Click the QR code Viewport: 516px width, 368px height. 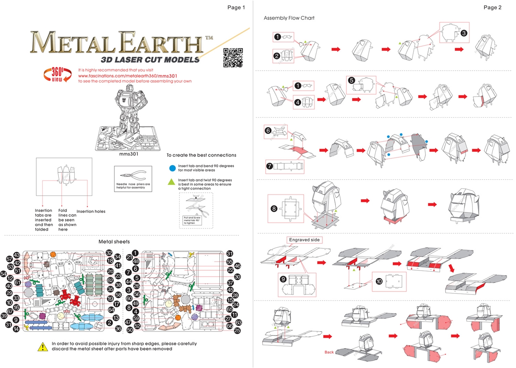coord(233,57)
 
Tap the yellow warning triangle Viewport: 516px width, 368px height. coord(42,346)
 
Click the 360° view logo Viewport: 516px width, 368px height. coord(56,75)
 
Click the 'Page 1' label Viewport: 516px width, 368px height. coord(236,7)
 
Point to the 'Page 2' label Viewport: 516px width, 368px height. coord(493,7)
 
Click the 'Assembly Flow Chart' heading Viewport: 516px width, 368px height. coord(289,18)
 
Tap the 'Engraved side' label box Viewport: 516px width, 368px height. coord(304,240)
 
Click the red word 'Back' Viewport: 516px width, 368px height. coord(329,352)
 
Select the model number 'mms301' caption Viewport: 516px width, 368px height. coord(129,154)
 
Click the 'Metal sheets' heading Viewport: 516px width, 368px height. coord(114,242)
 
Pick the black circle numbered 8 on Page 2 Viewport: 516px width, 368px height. coord(274,209)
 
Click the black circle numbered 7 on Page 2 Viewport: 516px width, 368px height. coord(269,165)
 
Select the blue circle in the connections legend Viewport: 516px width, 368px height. coord(172,168)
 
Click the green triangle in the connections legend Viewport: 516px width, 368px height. coord(172,182)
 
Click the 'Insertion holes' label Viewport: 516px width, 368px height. coord(91,211)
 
